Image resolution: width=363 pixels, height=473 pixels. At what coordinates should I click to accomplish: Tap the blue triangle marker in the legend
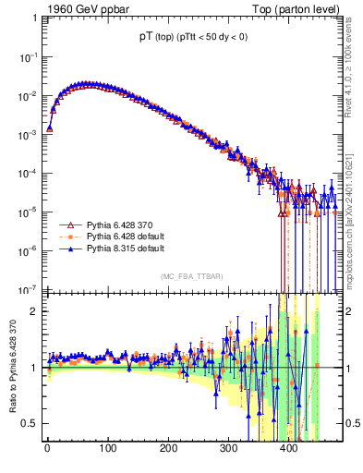(x=68, y=249)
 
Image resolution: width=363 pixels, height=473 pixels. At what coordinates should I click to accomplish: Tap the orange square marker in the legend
(x=68, y=236)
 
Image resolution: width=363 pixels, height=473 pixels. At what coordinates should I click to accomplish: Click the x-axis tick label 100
(x=107, y=448)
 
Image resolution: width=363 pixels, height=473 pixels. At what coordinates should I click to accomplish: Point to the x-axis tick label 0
(x=47, y=448)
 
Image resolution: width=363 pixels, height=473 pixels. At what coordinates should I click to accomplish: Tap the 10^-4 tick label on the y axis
(x=29, y=173)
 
